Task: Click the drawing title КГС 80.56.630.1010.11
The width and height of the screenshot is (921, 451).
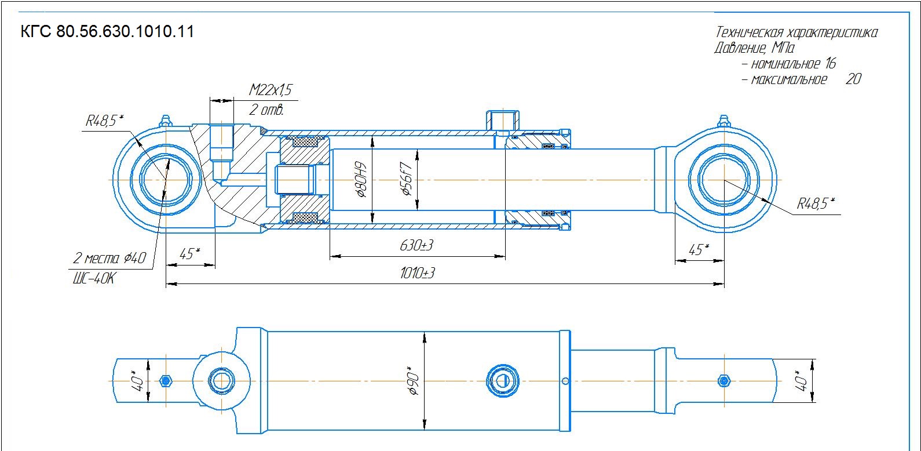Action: tap(107, 32)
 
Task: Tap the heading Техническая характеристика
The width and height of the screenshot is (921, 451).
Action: tap(796, 32)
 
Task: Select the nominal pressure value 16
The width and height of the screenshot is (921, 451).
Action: tap(831, 63)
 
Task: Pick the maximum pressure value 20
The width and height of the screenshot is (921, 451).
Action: tap(854, 79)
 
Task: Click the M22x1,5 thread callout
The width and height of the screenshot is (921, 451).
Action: tap(271, 90)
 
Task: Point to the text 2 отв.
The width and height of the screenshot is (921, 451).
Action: tap(266, 110)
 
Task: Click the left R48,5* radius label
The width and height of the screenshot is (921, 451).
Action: tap(104, 121)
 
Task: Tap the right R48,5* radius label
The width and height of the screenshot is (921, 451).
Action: tap(816, 203)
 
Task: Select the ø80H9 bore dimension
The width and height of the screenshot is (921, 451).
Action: tap(361, 180)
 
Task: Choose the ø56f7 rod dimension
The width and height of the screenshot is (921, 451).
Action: tap(405, 179)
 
